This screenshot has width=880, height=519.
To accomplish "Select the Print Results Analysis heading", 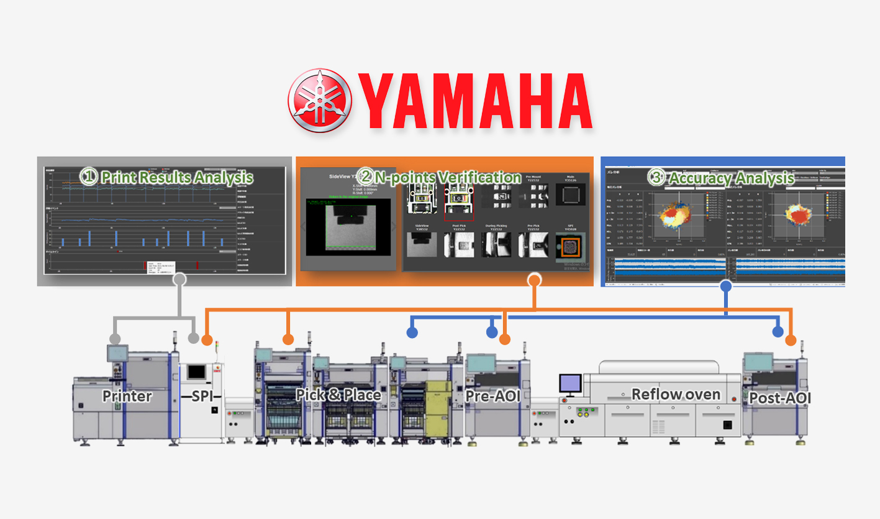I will (x=167, y=177).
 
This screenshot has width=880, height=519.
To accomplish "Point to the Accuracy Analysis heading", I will (x=723, y=177).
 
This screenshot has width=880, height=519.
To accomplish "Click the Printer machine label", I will (x=127, y=396).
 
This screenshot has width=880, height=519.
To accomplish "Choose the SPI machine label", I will (x=202, y=396).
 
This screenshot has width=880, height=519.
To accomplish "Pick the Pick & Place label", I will (x=338, y=394).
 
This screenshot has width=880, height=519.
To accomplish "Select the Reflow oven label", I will (x=676, y=394).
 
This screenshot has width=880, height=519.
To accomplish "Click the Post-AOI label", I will (x=780, y=398).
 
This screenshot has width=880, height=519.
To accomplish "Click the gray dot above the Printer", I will (x=114, y=339).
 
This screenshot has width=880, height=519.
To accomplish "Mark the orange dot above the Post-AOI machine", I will (x=790, y=340).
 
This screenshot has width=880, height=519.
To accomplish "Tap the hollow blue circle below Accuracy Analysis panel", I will (x=724, y=287).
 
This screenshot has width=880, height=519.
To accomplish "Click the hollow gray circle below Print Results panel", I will (x=179, y=280).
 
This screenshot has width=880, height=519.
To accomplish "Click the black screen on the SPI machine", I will (x=197, y=372).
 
